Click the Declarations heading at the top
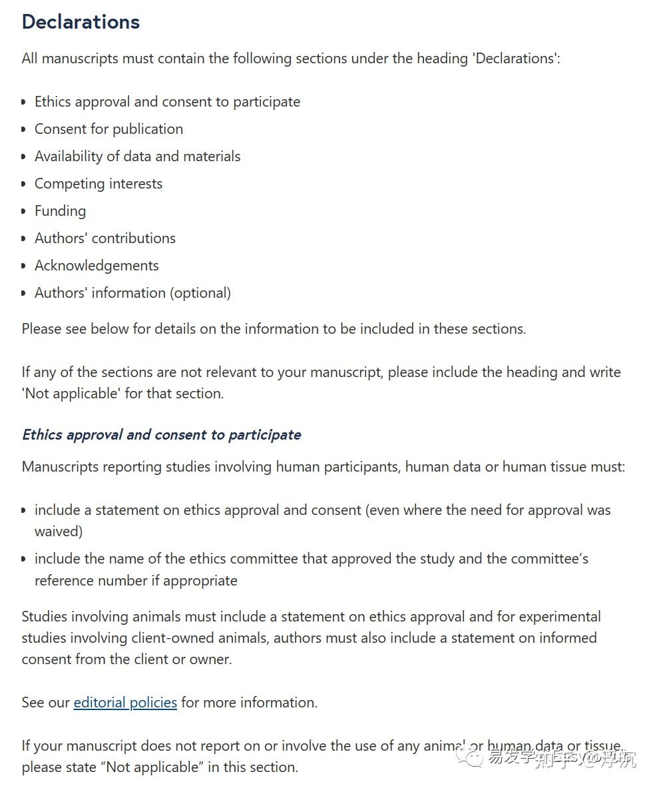pos(81,22)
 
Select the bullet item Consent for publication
pos(109,129)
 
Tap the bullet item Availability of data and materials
pos(137,157)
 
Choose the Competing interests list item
pos(98,184)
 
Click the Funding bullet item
pos(60,211)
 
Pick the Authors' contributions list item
pos(105,238)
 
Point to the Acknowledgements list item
pos(97,266)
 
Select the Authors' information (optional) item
pos(132,293)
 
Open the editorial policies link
pos(125,703)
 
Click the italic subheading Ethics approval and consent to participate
pos(161,435)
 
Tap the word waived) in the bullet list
pos(59,532)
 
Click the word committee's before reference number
pos(551,559)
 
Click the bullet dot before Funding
pos(25,211)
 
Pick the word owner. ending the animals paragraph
pos(211,659)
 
